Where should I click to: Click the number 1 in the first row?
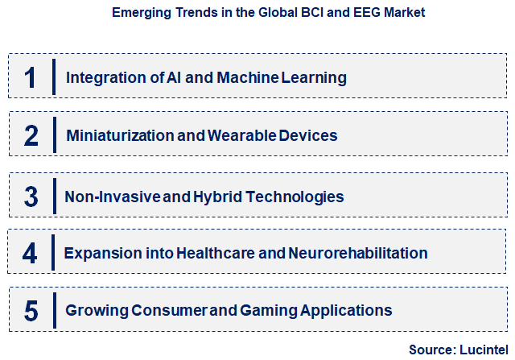pos(31,77)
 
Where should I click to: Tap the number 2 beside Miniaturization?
pos(31,135)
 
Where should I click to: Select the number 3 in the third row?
pos(31,196)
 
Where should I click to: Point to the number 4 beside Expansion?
pos(30,253)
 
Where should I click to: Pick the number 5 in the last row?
pos(31,310)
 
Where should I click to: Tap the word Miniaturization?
pos(121,136)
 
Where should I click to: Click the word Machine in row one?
pos(243,78)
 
